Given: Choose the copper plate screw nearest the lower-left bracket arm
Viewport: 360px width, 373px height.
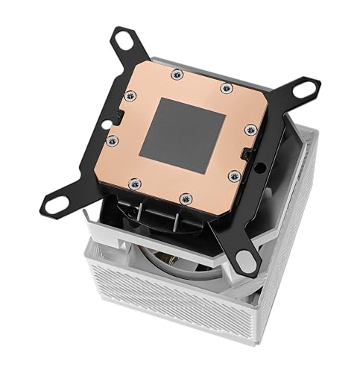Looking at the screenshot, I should click(133, 182).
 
